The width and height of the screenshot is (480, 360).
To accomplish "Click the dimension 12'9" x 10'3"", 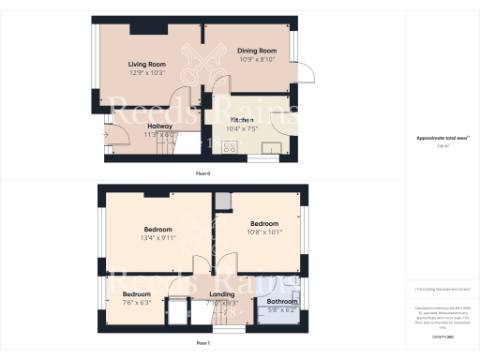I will (x=145, y=72).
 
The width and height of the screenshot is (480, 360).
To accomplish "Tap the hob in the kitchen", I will (x=228, y=144).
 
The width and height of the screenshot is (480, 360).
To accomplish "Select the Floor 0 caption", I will (x=202, y=174).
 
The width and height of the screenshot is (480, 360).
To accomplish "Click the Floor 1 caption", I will (x=203, y=344).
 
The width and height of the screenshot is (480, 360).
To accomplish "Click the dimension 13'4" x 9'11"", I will (x=157, y=238).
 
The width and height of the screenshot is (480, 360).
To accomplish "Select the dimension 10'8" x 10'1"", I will (x=264, y=232).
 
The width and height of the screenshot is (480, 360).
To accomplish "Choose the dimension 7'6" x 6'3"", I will (x=137, y=302).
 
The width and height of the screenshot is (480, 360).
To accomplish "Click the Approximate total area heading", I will (x=442, y=139).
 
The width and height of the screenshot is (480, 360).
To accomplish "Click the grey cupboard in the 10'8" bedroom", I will (x=222, y=202).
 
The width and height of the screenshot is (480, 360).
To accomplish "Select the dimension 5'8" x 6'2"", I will (x=281, y=308).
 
